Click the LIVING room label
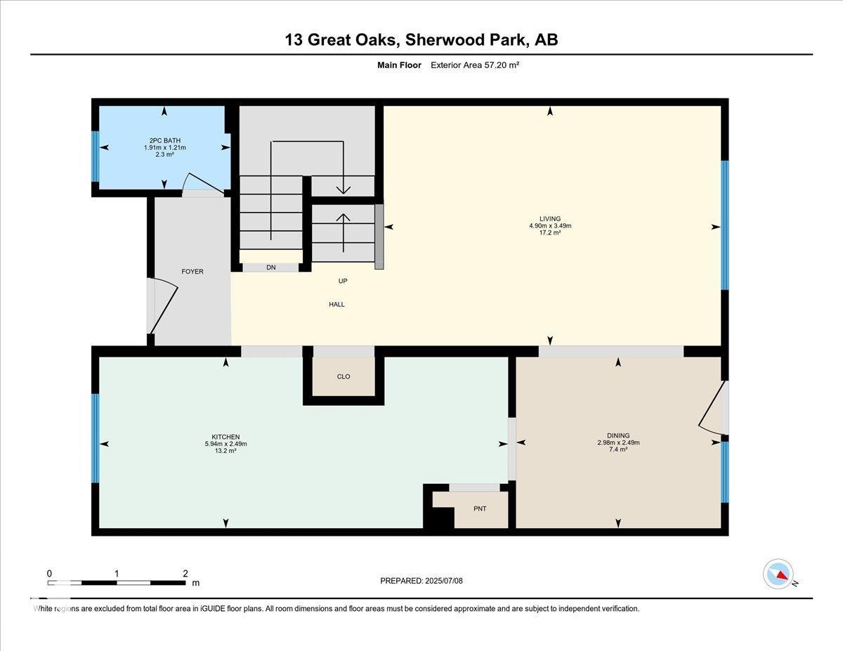coord(550,218)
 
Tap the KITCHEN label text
coord(226,437)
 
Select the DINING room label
coord(618,435)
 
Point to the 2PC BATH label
coord(165,140)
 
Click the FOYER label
coord(192,271)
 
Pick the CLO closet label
coord(344,376)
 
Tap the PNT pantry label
coord(480,508)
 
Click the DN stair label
coord(271,267)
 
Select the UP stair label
coord(343,281)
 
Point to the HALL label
coord(336,304)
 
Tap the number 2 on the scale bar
coord(185,573)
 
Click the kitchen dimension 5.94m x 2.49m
coord(226,444)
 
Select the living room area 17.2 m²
coord(550,232)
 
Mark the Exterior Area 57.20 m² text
coord(475,65)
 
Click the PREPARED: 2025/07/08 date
coord(421,581)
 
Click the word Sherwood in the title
coord(443,40)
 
